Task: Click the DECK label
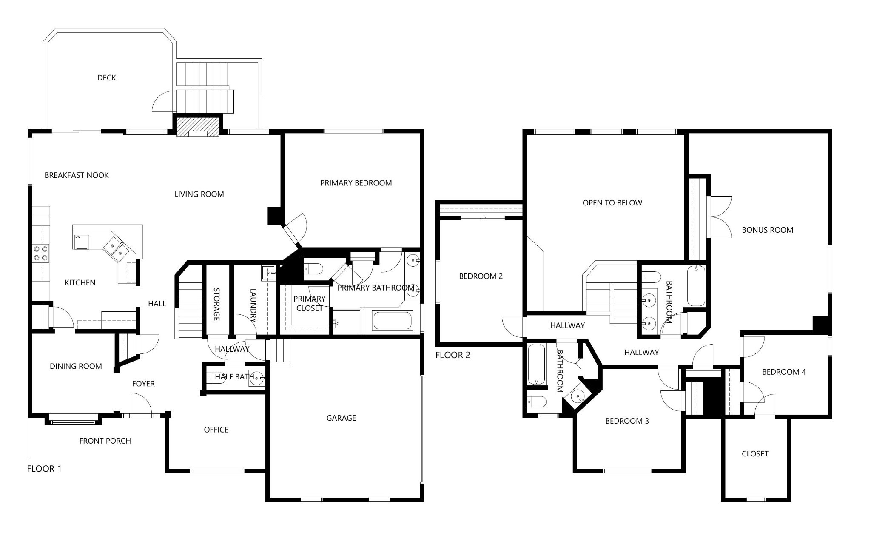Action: pos(107,78)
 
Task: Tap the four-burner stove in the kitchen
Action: pos(41,253)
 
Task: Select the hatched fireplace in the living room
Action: pos(197,126)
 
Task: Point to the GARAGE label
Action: pos(341,418)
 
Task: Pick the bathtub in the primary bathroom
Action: pos(393,321)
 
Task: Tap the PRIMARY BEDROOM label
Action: pos(356,183)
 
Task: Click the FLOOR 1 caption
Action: pos(44,469)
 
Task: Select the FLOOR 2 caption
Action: pos(453,355)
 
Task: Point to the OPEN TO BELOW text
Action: pos(612,203)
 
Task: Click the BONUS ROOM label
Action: pos(768,230)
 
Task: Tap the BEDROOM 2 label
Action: pos(481,276)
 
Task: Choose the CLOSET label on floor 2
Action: pos(755,454)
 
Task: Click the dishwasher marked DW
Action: pos(82,241)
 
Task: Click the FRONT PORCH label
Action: pos(105,441)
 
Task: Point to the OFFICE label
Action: pos(216,430)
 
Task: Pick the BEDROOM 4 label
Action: pos(784,372)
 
